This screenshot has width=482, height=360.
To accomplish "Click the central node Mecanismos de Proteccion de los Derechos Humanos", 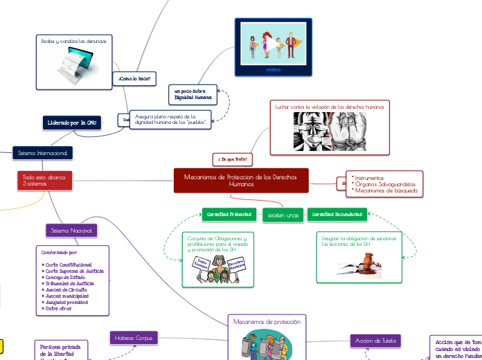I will pyautogui.click(x=241, y=181).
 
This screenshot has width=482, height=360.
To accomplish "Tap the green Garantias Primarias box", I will pyautogui.click(x=229, y=215).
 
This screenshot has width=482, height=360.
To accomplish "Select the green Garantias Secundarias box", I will pyautogui.click(x=337, y=215).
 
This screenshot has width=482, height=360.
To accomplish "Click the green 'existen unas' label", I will pyautogui.click(x=283, y=216).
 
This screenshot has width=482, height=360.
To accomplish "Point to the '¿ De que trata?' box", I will pyautogui.click(x=232, y=160).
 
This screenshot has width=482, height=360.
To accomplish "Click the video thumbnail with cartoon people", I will pyautogui.click(x=274, y=45).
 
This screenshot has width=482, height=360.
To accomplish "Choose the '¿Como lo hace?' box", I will pyautogui.click(x=134, y=79).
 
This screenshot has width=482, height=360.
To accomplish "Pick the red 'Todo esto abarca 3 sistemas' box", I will pyautogui.click(x=44, y=181).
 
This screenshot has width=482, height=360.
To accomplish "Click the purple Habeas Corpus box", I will pyautogui.click(x=134, y=338).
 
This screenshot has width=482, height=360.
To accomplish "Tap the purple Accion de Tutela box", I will pyautogui.click(x=374, y=341).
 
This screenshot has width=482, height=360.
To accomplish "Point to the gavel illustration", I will pyautogui.click(x=360, y=264).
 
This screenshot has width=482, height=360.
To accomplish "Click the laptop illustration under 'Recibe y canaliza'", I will pyautogui.click(x=74, y=63).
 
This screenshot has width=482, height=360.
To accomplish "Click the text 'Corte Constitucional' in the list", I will pyautogui.click(x=68, y=264).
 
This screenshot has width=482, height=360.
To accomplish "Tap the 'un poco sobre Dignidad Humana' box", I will pyautogui.click(x=193, y=95).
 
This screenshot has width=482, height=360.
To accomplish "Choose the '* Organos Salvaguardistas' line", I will pyautogui.click(x=384, y=184).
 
